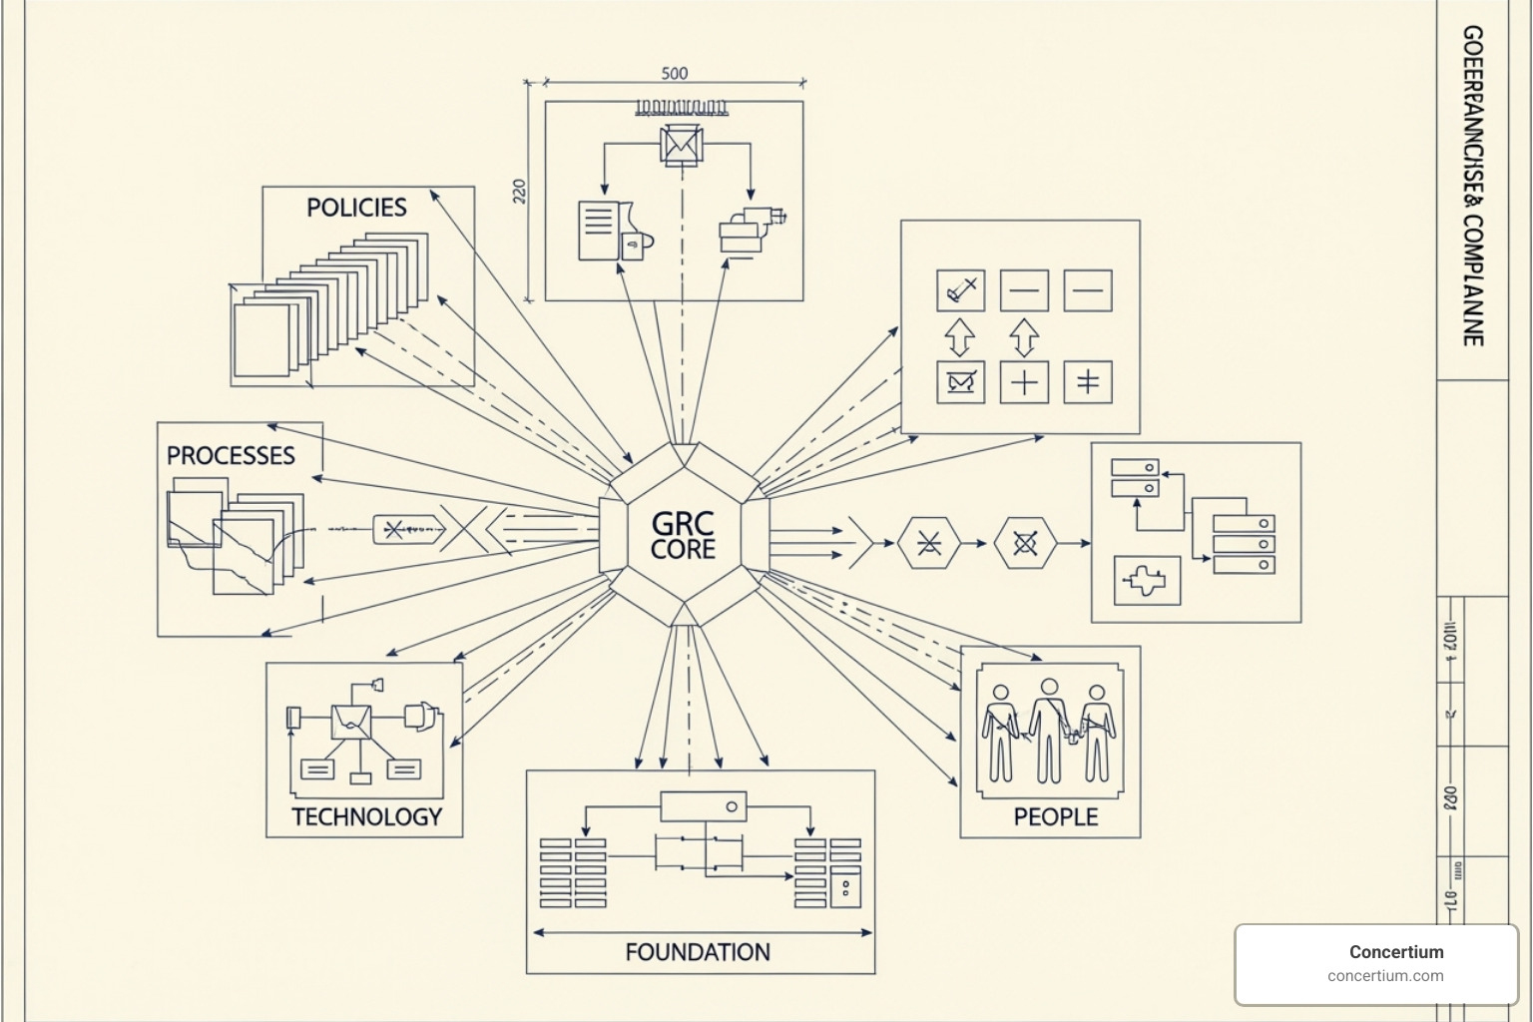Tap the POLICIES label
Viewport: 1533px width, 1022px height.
tap(356, 208)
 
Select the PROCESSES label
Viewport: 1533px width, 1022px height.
tap(231, 455)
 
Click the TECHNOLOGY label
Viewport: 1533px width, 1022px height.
tap(366, 816)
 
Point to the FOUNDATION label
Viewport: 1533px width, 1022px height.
tap(698, 952)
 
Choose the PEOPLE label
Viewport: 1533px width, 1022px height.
tap(1055, 816)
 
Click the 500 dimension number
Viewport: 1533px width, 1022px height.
tap(675, 73)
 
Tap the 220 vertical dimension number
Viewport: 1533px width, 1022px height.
tap(519, 192)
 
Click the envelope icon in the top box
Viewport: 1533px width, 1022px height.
tap(682, 145)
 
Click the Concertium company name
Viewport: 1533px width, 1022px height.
tap(1395, 951)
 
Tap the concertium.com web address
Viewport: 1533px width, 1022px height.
tap(1385, 976)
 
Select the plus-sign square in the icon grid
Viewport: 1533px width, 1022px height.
tap(1024, 382)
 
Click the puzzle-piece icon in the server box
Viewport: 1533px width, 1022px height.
tap(1146, 580)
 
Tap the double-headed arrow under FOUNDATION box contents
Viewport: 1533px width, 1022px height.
tap(703, 933)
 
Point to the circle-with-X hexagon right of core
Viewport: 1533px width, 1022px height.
tap(1024, 543)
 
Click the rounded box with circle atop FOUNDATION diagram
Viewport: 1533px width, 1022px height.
tap(703, 805)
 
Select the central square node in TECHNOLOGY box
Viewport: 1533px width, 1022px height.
tap(351, 722)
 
